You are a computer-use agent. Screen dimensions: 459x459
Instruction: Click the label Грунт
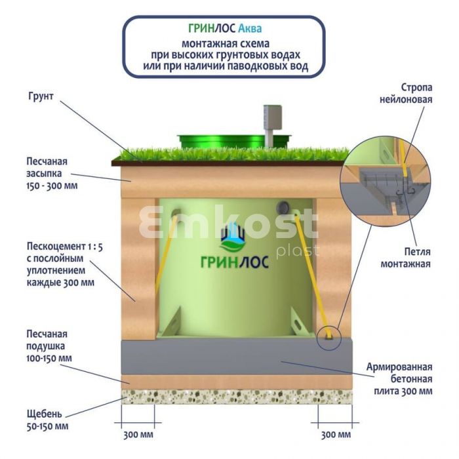(x=41, y=96)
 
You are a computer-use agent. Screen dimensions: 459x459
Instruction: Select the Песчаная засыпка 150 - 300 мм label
(x=52, y=173)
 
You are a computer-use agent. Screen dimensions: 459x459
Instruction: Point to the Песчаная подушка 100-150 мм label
(x=49, y=346)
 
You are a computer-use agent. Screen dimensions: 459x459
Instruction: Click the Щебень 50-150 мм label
(x=47, y=420)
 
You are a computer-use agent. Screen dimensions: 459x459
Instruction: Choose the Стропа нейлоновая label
(x=406, y=93)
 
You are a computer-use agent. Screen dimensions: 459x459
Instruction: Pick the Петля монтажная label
(x=405, y=258)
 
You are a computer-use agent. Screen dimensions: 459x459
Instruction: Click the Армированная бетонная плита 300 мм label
(x=399, y=379)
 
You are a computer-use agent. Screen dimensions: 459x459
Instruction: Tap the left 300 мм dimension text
(x=138, y=435)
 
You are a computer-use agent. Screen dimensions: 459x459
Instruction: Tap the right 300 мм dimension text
(x=336, y=435)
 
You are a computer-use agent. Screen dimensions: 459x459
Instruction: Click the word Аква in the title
(x=250, y=28)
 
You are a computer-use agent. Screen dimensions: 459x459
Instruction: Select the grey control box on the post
(x=273, y=117)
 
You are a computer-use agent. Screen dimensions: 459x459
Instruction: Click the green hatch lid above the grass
(x=233, y=142)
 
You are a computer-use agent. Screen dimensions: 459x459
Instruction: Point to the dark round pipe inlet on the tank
(x=283, y=207)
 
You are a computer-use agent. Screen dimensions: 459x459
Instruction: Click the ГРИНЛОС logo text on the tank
(x=235, y=262)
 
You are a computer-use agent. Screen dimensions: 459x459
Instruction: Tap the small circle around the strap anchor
(x=329, y=338)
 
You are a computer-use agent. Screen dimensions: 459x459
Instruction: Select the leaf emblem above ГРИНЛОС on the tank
(x=233, y=237)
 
